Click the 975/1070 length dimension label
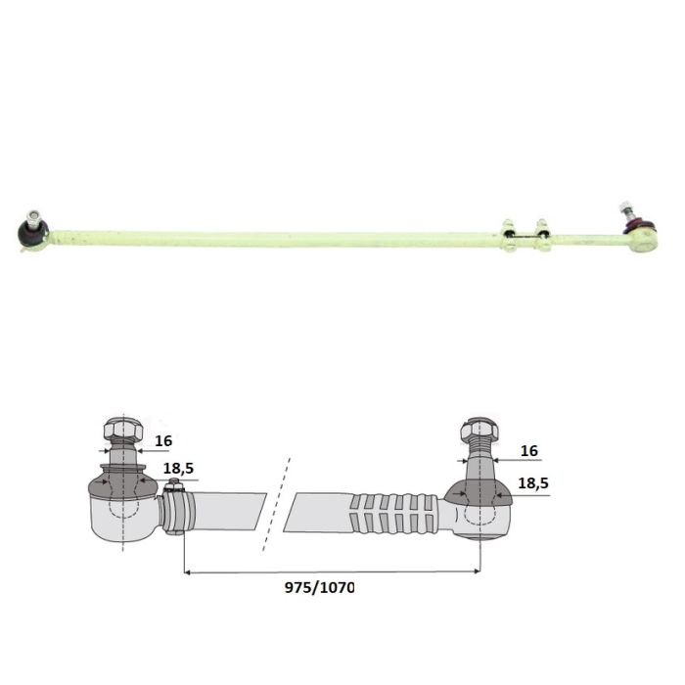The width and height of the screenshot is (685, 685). coord(319,587)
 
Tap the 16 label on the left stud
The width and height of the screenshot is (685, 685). coord(163,440)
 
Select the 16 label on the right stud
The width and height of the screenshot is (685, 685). coord(529,451)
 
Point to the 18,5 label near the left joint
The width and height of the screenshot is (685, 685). coord(178,469)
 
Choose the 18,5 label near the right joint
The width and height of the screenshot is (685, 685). coord(533,483)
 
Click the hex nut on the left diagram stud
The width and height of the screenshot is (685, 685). coord(123,430)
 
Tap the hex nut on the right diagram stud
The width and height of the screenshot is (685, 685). coord(479,430)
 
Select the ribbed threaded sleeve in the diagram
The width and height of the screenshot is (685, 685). coord(394,514)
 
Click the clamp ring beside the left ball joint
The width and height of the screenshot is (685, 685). coord(177,508)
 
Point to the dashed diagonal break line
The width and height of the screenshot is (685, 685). coord(277,504)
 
